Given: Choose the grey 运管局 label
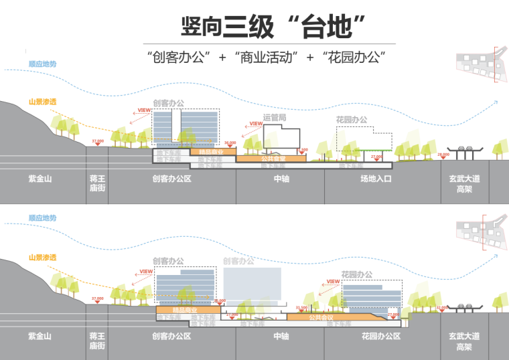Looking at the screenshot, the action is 275,118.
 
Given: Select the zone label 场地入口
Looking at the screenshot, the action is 375,179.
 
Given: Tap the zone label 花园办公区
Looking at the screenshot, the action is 380,335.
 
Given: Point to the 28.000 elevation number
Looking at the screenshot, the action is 443,155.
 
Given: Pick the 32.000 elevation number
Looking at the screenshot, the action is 441,308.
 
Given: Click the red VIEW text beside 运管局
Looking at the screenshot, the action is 255,123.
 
